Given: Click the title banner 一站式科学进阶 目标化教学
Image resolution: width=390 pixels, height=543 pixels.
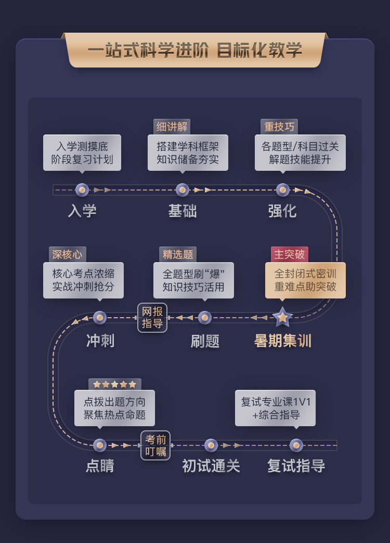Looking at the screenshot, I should (x=194, y=50).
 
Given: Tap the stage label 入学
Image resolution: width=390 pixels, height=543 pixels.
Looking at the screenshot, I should (x=82, y=211).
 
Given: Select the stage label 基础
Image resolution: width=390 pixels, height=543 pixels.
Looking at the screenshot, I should (x=183, y=211).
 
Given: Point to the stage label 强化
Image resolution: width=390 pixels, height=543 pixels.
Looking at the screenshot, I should (x=282, y=211).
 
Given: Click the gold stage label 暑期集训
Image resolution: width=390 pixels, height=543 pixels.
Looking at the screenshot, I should (x=282, y=341).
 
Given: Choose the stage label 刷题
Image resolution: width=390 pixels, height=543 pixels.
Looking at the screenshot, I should (x=205, y=341).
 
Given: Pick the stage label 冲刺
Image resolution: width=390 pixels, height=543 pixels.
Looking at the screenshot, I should (x=100, y=341).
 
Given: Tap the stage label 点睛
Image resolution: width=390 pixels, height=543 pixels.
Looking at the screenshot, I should (x=100, y=466).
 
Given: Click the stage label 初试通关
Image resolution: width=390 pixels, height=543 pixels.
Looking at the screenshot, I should (x=211, y=466).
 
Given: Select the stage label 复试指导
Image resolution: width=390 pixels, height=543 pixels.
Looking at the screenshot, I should (x=296, y=466).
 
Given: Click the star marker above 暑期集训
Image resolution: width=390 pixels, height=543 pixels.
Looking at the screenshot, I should (x=282, y=317).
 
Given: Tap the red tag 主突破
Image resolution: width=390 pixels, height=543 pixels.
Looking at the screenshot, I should (x=290, y=254).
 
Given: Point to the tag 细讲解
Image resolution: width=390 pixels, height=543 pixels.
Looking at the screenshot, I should (x=172, y=127).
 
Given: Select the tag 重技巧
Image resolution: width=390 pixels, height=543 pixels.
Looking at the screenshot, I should (x=279, y=127).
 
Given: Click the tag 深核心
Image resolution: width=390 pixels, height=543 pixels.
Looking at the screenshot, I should (x=68, y=254).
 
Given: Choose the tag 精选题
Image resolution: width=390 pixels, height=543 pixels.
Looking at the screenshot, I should (x=178, y=254).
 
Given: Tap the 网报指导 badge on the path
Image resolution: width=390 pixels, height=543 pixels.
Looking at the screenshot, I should (x=152, y=318).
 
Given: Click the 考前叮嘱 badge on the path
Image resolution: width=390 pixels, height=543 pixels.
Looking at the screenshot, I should (x=155, y=445).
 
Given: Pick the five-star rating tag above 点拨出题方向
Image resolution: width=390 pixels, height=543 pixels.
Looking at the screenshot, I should (x=115, y=385).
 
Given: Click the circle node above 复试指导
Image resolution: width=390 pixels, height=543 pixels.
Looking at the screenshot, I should (x=296, y=445).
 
